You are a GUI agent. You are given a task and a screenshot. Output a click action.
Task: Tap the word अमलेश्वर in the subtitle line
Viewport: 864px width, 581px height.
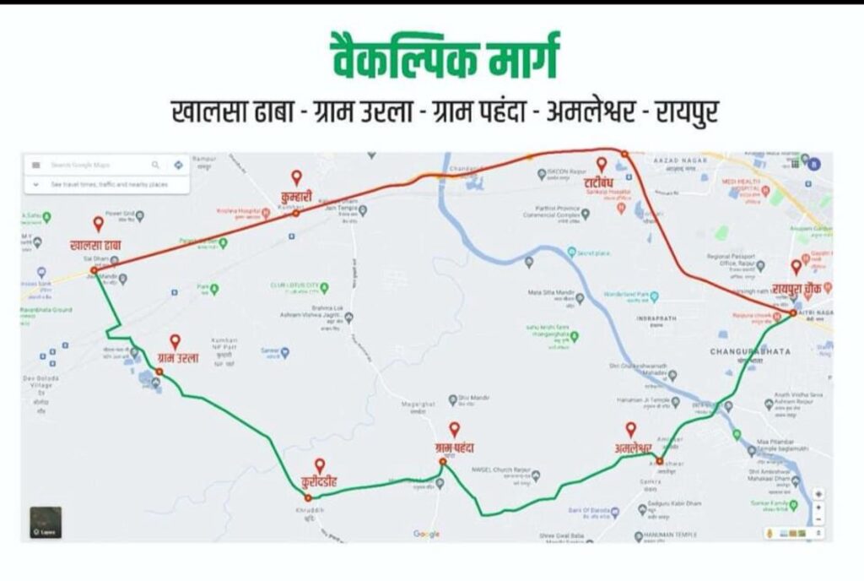click(584, 111)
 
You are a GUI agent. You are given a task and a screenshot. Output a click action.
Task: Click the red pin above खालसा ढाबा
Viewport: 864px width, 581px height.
click(98, 224)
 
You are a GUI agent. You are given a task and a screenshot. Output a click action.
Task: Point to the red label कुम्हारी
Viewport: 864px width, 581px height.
click(295, 197)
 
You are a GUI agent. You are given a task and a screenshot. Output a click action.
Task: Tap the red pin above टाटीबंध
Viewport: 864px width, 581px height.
click(602, 163)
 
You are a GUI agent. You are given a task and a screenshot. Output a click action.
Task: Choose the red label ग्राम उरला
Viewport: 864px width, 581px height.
click(177, 357)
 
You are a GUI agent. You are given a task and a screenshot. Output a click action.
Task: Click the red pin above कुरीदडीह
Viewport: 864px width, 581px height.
click(320, 464)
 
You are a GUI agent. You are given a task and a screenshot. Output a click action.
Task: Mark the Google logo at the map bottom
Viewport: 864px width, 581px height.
click(426, 533)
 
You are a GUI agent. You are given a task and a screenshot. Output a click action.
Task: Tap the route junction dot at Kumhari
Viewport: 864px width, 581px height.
click(296, 214)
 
